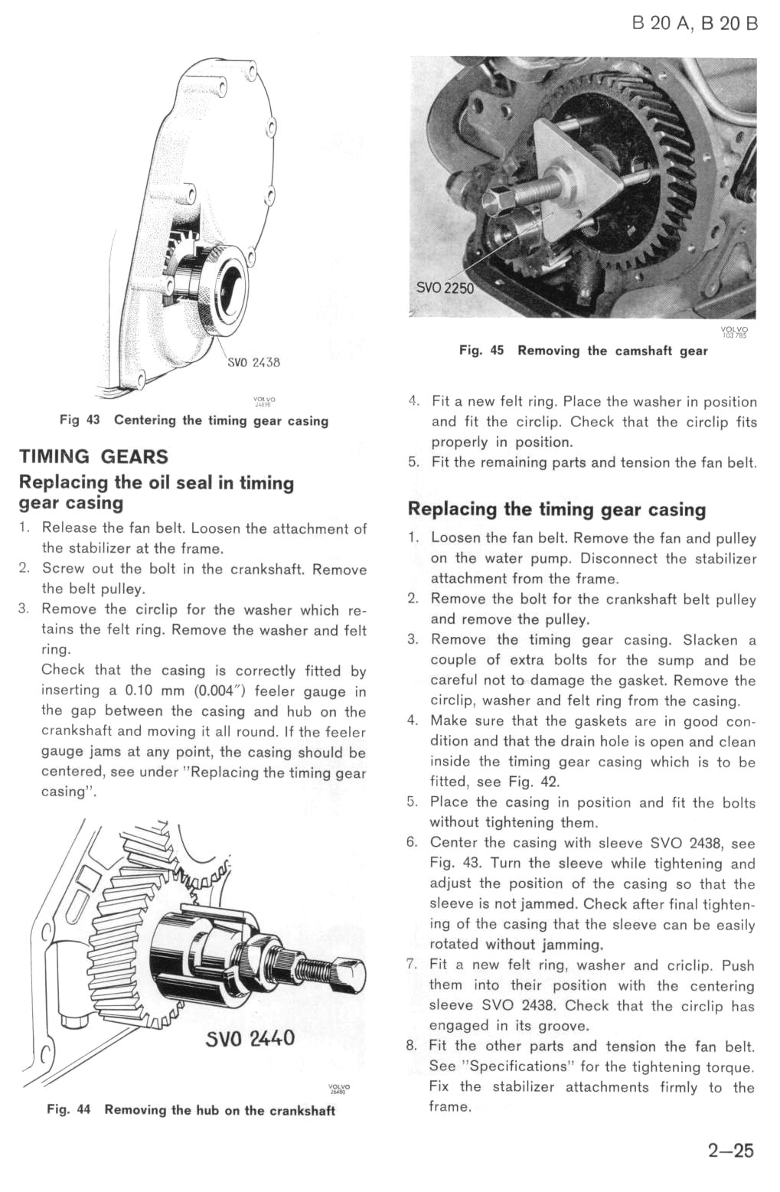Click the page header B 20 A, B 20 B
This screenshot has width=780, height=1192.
[x=695, y=23]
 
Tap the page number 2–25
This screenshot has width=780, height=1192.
[x=730, y=1151]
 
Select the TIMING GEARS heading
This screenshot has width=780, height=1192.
[x=93, y=457]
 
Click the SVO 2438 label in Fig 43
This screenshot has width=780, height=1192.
[x=254, y=362]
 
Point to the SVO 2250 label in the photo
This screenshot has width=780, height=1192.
[x=445, y=288]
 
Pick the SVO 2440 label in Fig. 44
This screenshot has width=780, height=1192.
[x=249, y=1039]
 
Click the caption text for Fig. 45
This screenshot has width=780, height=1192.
[x=583, y=351]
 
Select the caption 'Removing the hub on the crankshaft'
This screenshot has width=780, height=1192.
[x=220, y=1110]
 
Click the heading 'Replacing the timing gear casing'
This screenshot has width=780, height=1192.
[x=557, y=510]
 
